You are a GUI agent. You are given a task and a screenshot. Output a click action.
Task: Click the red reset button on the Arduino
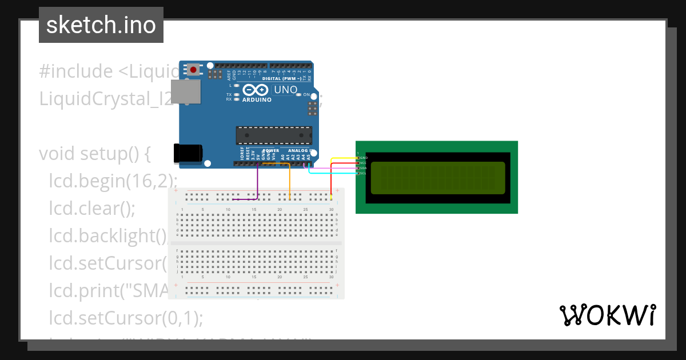[x=193, y=70]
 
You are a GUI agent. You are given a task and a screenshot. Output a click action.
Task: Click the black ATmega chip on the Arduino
[x=274, y=135]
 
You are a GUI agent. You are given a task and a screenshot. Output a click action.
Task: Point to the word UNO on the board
[x=286, y=90]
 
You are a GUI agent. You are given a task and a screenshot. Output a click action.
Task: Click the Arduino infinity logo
[x=256, y=90]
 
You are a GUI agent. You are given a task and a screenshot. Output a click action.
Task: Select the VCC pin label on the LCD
[x=363, y=163]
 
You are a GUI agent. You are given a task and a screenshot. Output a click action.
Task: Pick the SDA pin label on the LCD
[x=363, y=168]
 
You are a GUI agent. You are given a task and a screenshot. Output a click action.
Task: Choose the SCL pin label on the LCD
[x=363, y=173]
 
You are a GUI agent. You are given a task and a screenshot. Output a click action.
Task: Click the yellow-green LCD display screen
[x=437, y=178]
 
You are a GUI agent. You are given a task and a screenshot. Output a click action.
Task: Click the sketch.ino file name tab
[x=101, y=25]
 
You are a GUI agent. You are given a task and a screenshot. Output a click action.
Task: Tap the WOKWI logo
[x=607, y=315]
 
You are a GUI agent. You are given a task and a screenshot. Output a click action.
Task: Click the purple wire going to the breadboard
[x=257, y=183]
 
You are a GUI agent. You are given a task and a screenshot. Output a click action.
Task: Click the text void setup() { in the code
[x=94, y=154]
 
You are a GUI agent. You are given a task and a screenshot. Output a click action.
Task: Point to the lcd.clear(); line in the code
[x=92, y=209]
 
